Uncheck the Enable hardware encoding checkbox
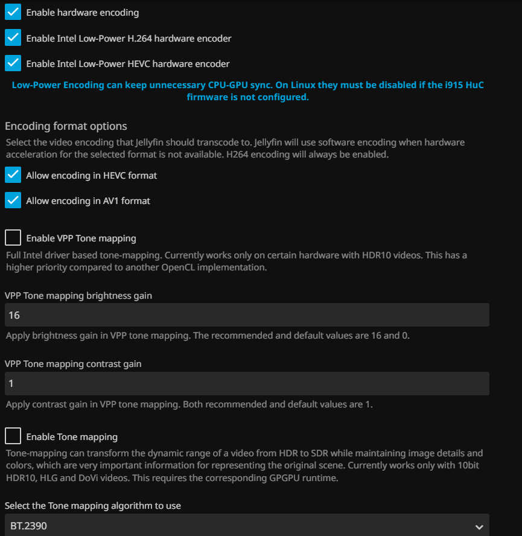tap(13, 12)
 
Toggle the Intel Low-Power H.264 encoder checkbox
tap(13, 37)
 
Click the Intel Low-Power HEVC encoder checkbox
tap(13, 63)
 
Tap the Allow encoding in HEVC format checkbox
tap(13, 175)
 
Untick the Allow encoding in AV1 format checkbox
tap(13, 200)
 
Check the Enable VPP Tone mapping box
tap(13, 238)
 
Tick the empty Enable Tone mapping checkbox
tap(13, 436)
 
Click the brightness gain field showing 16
tap(247, 315)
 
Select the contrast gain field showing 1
tap(247, 384)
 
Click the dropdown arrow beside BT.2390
tap(479, 527)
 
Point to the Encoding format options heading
tap(66, 126)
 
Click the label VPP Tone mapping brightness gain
tap(78, 296)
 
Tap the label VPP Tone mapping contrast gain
tap(73, 364)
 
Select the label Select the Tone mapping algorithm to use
tap(93, 505)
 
